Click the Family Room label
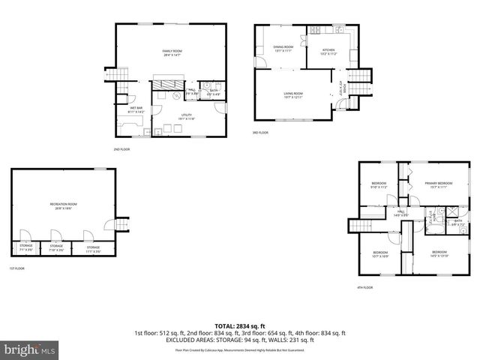(172, 52)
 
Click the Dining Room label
(283, 49)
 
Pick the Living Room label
(292, 95)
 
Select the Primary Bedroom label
(439, 185)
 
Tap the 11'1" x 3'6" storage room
(93, 248)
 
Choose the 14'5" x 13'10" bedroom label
(439, 253)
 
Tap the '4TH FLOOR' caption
(365, 287)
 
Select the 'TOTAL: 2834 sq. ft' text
(239, 325)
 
